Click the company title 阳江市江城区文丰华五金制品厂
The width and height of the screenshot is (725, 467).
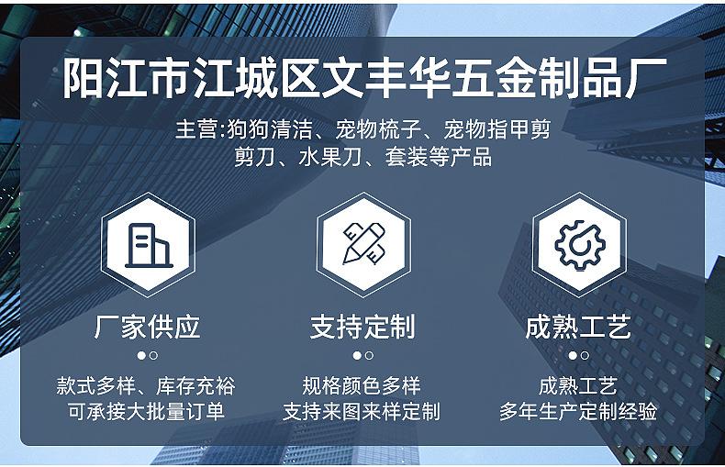364,78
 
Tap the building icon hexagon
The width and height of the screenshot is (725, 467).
148,245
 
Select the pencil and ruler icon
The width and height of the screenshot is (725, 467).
364,245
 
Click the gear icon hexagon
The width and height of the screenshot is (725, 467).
579,245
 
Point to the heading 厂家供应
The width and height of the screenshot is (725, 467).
148,327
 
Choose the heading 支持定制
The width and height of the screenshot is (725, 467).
363,327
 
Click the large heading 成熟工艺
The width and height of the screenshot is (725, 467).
578,327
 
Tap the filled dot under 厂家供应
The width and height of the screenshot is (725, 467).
141,356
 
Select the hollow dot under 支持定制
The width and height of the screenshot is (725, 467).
369,356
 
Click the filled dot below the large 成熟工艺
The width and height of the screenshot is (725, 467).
573,356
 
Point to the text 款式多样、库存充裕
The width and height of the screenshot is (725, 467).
146,386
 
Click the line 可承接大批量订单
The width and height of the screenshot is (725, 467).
146,412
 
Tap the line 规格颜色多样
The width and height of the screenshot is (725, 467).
362,386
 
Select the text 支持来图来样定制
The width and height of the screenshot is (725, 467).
362,412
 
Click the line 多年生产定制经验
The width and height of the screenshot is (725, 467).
578,412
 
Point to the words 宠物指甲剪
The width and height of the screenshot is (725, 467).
497,129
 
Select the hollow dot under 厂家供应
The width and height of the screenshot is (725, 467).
153,356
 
